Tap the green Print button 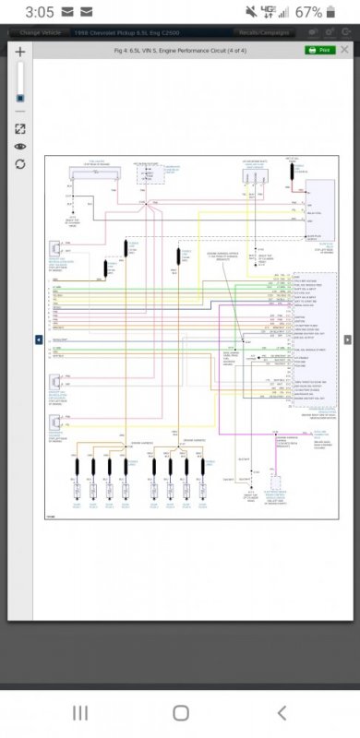pyautogui.click(x=320, y=50)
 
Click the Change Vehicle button pyautogui.click(x=39, y=32)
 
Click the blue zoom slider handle pyautogui.click(x=20, y=98)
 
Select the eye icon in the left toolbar pyautogui.click(x=20, y=147)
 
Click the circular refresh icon pyautogui.click(x=20, y=164)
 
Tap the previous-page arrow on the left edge pyautogui.click(x=39, y=339)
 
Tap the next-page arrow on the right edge pyautogui.click(x=347, y=339)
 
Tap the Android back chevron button pyautogui.click(x=282, y=712)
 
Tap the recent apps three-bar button pyautogui.click(x=80, y=712)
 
